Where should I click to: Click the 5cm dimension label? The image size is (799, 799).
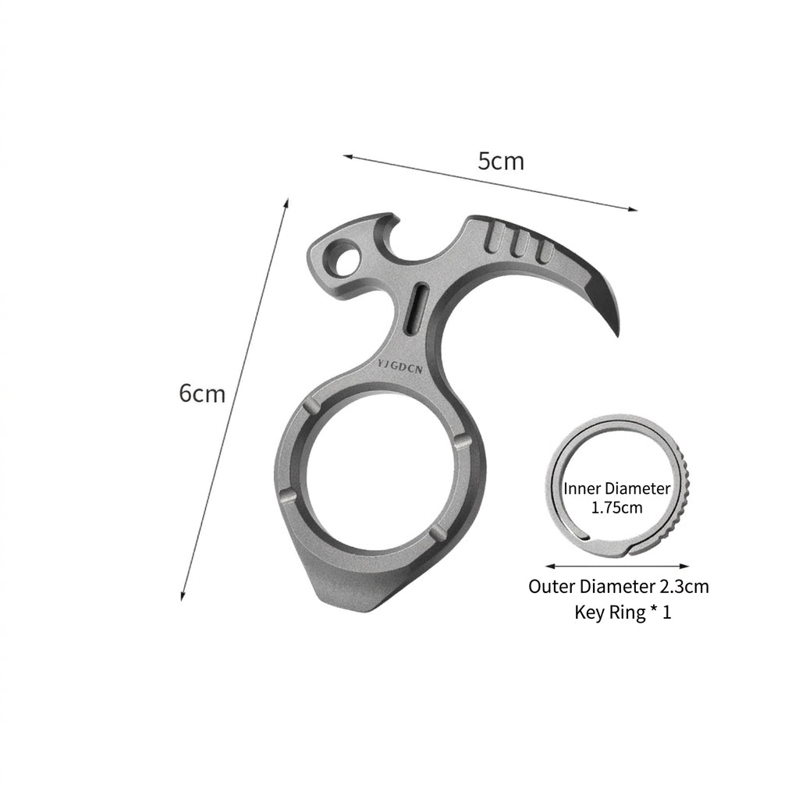500,161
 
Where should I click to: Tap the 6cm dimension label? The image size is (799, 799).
202,393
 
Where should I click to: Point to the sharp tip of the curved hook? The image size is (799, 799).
618,335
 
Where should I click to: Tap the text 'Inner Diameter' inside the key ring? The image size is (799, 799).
616,488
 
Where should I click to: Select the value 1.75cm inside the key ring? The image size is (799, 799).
616,507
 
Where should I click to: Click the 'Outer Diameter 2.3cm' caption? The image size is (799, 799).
619,587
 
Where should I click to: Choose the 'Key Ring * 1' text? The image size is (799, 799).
623,612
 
